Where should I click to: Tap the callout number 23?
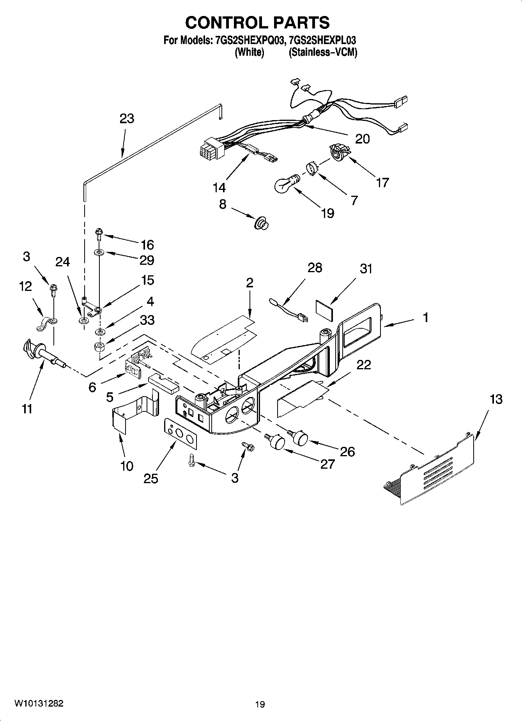(127, 119)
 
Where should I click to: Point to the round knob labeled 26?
(300, 437)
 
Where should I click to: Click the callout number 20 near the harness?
(363, 138)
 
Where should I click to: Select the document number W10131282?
(39, 703)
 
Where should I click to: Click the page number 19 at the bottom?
(260, 704)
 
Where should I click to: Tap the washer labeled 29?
(99, 253)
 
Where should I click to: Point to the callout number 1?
(426, 317)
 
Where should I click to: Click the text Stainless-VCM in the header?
(323, 52)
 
